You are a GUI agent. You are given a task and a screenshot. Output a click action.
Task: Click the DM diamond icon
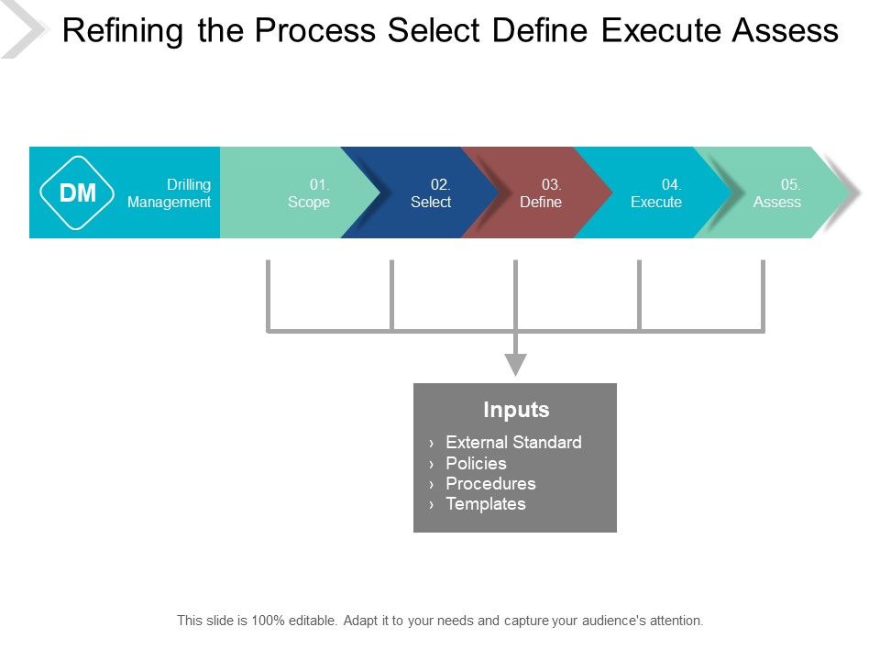(x=78, y=192)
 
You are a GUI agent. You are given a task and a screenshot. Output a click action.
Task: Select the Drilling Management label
(x=170, y=193)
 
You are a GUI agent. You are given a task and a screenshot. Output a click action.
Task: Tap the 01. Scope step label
(x=309, y=193)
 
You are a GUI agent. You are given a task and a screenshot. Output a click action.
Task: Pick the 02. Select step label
(x=431, y=193)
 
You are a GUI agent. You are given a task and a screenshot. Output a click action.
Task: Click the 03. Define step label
(x=541, y=193)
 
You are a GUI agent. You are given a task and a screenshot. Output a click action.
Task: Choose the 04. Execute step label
(x=656, y=193)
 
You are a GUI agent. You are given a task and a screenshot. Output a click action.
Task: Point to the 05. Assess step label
(x=777, y=193)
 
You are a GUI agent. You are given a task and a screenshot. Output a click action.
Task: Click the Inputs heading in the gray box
(x=516, y=410)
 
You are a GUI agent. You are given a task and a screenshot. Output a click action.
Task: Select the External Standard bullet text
(x=513, y=442)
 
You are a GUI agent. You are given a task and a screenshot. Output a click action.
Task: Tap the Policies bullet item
(x=476, y=463)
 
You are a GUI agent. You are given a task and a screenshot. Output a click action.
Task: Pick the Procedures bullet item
(x=490, y=483)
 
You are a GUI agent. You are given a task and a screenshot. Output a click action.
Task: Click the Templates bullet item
(x=485, y=503)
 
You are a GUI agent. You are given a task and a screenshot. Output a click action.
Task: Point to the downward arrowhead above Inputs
(x=516, y=364)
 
